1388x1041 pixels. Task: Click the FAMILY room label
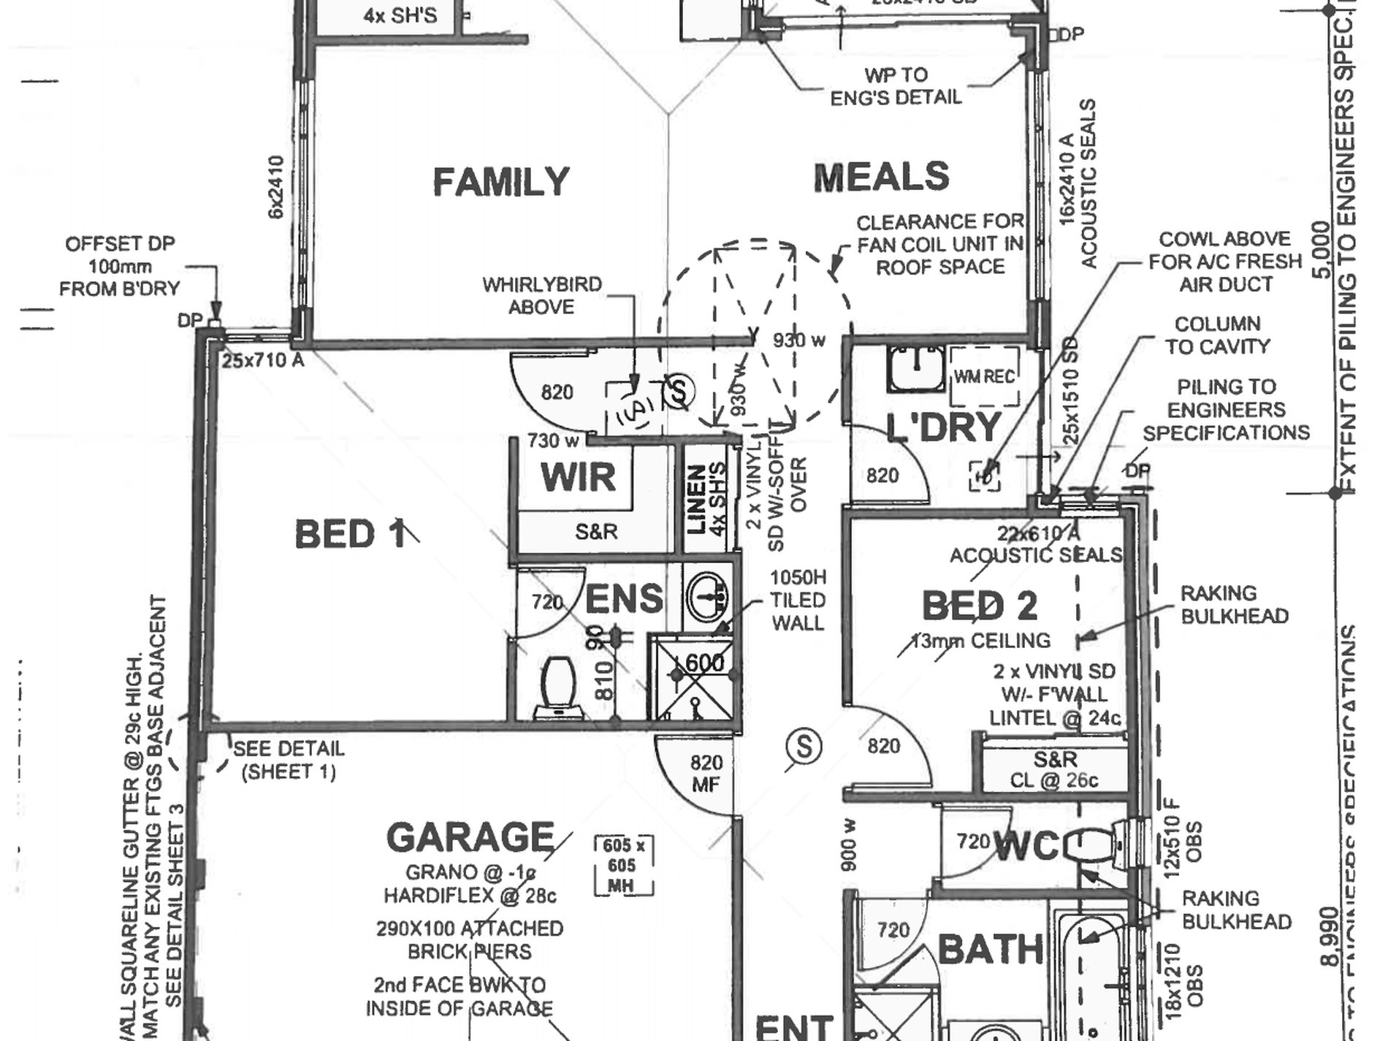[500, 182]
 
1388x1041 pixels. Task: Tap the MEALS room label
[881, 178]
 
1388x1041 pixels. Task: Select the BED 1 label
[349, 535]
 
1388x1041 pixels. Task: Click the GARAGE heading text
[470, 837]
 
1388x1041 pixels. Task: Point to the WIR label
[578, 477]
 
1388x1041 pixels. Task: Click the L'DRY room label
[942, 427]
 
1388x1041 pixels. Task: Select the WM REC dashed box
[984, 376]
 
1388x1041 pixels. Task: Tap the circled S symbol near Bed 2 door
[804, 747]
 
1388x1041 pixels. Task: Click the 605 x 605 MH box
[623, 866]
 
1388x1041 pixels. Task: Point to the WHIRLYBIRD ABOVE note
[541, 295]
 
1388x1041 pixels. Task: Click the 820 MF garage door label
[706, 774]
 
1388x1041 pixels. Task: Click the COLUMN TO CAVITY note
[1217, 335]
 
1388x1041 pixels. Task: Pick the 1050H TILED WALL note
[798, 600]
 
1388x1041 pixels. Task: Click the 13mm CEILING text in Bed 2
[980, 641]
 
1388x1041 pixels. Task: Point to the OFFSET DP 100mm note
[119, 267]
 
